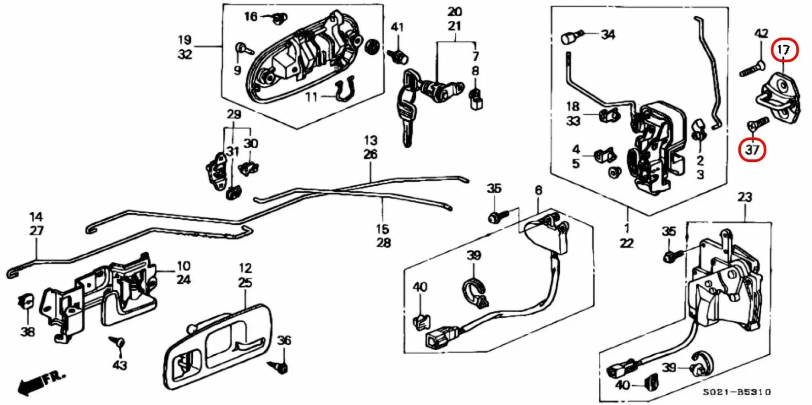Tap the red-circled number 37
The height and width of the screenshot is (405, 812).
click(x=752, y=149)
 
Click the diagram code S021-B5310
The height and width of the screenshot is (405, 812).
click(x=736, y=392)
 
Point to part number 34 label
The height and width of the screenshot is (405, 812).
click(x=607, y=35)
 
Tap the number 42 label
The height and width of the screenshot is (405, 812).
click(x=761, y=34)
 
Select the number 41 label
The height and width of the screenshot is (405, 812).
click(x=397, y=26)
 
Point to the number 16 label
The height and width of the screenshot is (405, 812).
click(x=251, y=16)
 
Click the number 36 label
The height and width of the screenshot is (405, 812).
click(x=284, y=340)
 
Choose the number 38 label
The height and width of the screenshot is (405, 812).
click(x=27, y=331)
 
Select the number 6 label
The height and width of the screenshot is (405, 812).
click(x=538, y=190)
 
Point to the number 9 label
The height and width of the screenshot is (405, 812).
click(x=237, y=70)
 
